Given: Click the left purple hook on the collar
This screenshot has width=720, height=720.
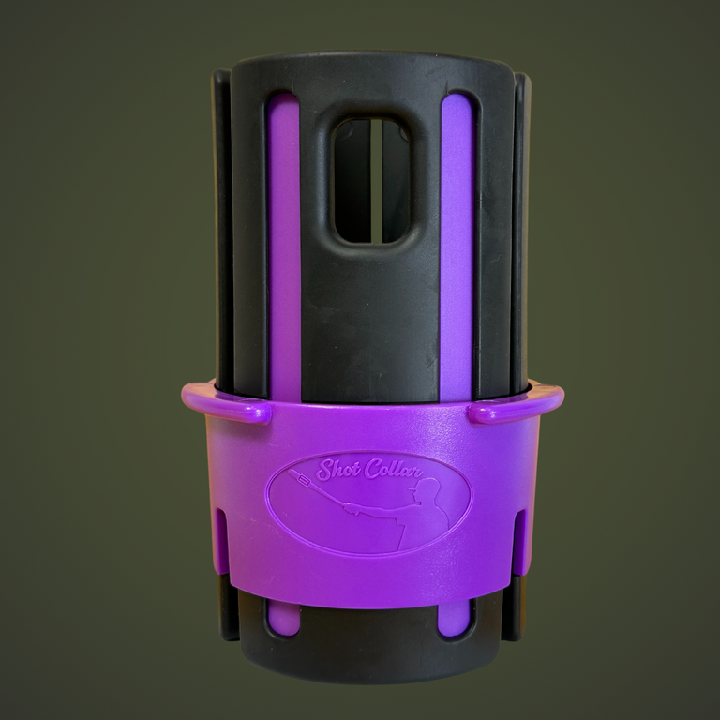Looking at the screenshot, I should (x=225, y=405).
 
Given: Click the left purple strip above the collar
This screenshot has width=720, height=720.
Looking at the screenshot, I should (x=285, y=244).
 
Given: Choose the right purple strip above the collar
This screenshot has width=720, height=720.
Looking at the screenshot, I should (x=457, y=244).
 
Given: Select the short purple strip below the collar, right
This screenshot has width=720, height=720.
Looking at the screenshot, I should (x=456, y=616).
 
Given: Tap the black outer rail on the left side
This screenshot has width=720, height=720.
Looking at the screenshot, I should (x=222, y=234).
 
